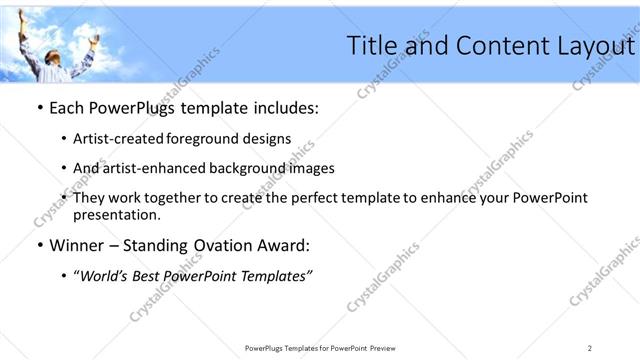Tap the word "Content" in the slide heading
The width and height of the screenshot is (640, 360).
click(x=497, y=47)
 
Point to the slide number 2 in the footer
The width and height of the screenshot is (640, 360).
click(x=589, y=347)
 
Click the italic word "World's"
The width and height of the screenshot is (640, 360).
click(x=106, y=275)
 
